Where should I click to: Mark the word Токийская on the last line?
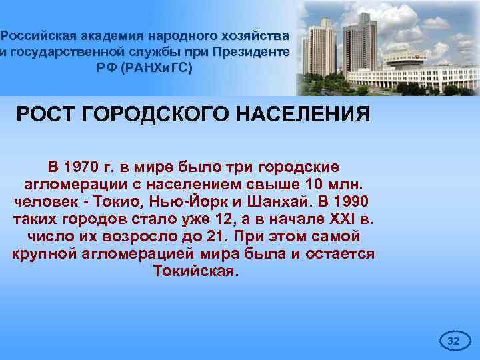(x=195, y=271)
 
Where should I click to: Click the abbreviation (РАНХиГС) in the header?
(x=158, y=68)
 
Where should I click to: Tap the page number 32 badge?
(x=453, y=341)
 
